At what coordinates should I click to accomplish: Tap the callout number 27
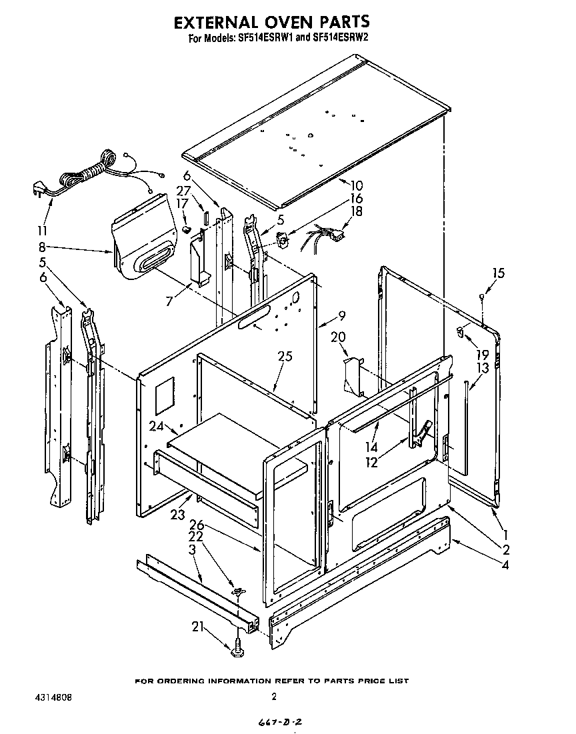[x=183, y=190]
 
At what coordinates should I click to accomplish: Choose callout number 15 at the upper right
[x=498, y=273]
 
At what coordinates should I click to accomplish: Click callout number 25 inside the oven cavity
[x=285, y=357]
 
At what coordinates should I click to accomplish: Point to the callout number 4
[x=505, y=566]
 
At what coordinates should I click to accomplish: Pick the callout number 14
[x=371, y=448]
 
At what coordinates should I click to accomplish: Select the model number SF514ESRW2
[x=331, y=39]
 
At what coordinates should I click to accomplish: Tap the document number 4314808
[x=53, y=697]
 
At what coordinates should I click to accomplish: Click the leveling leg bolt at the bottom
[x=237, y=646]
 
